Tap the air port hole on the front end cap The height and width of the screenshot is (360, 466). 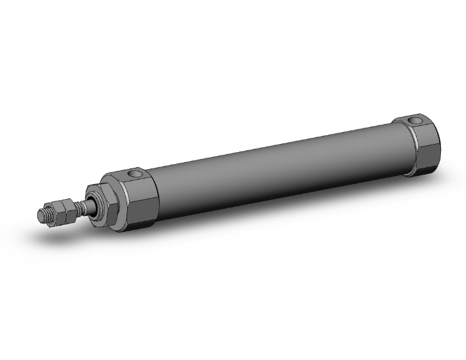132,173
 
